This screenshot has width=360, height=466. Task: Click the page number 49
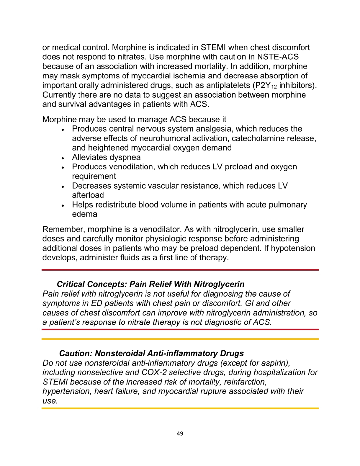tap(180, 434)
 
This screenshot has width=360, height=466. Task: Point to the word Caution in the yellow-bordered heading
tap(76, 353)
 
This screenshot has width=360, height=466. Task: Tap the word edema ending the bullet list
tap(85, 214)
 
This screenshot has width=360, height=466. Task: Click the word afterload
tap(88, 195)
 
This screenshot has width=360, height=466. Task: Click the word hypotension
tap(293, 248)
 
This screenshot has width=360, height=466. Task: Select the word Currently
tap(59, 95)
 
